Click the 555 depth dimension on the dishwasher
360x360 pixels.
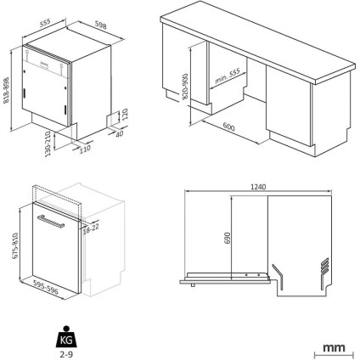coord(45,23)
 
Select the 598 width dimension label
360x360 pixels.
coord(100,25)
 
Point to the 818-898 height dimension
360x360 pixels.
coord(6,90)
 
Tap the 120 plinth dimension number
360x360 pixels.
coord(126,114)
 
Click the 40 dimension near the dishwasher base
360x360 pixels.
coord(120,133)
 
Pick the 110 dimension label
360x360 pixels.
coord(85,149)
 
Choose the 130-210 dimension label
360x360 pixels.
coord(48,143)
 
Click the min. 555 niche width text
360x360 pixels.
coord(228,76)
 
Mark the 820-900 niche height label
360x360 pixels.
coord(185,87)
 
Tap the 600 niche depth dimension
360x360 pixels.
coord(228,127)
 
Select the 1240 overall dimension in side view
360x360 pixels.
coord(258,187)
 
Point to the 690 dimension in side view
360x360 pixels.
coord(228,238)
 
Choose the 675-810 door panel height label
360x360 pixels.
coord(15,245)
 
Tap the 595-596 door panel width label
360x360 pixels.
coord(46,287)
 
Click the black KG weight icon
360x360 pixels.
coord(66,337)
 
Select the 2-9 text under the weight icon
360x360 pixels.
coord(66,354)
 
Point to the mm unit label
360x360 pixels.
coord(334,347)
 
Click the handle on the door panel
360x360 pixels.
coord(51,221)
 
